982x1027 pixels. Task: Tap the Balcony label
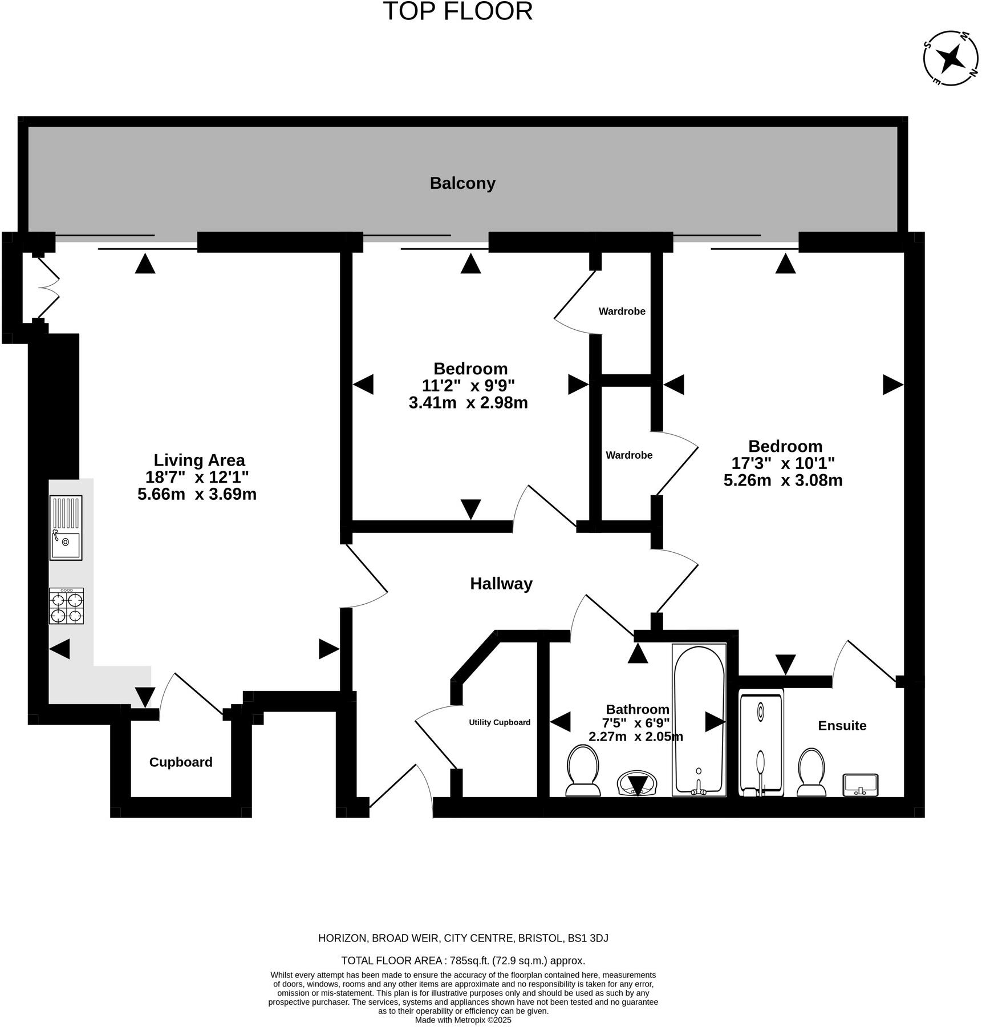(x=462, y=184)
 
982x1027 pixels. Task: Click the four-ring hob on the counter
(x=66, y=606)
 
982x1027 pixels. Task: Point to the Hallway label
(x=501, y=584)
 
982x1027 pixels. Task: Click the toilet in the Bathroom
(x=582, y=772)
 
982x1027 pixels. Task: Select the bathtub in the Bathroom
(x=699, y=720)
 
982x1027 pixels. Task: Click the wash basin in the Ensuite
(x=860, y=785)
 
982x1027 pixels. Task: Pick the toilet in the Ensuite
(x=811, y=772)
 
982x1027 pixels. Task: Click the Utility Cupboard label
(x=499, y=722)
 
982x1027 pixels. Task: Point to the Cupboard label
(x=181, y=762)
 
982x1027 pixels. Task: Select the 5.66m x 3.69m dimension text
(x=197, y=494)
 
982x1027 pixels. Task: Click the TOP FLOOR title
(x=457, y=12)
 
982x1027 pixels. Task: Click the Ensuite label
(x=842, y=726)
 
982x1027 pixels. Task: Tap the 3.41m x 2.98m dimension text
(x=468, y=403)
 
